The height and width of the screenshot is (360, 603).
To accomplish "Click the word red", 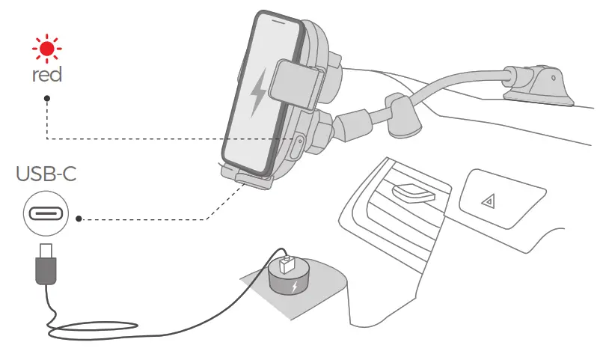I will (47, 75).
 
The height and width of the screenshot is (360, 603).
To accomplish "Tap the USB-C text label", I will (46, 175).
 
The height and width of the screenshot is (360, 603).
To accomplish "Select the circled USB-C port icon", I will (46, 214).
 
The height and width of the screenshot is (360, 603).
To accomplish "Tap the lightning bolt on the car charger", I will (295, 288).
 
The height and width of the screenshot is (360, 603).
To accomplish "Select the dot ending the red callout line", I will (47, 98).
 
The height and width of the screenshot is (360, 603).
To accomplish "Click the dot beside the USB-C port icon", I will (79, 219).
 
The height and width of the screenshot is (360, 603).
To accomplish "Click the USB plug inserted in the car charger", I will (287, 266).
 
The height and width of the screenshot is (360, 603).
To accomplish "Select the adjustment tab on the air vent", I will (412, 194).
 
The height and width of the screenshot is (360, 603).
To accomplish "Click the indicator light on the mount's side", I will (298, 143).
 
